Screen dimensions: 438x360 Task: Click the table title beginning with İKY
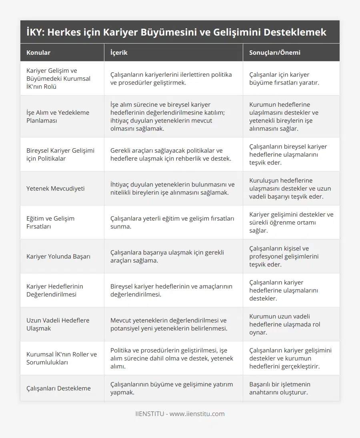(176, 32)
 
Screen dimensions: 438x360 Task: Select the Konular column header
(38, 52)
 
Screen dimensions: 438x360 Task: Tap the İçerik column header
(119, 52)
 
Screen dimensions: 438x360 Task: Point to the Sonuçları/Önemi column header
(274, 52)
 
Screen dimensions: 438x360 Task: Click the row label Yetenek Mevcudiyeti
(56, 188)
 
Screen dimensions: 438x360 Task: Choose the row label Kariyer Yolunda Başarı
(58, 256)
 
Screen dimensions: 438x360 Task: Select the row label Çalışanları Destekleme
(58, 388)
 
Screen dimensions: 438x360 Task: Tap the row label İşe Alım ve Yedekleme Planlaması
(58, 116)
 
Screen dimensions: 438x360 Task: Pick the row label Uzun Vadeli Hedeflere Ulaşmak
(58, 324)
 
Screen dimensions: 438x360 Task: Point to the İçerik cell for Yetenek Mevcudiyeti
(172, 188)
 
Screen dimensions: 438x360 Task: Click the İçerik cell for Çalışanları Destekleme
(172, 388)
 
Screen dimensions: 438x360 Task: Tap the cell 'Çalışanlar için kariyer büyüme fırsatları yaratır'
(284, 78)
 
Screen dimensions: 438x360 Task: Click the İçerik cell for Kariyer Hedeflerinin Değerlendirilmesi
(171, 290)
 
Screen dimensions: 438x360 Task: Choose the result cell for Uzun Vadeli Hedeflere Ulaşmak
(284, 324)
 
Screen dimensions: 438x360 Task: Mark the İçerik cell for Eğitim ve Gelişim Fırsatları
(172, 222)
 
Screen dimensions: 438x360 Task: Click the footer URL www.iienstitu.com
(197, 414)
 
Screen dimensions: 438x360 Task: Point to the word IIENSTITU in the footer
(150, 414)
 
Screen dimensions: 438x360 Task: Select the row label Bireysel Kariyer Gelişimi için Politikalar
(60, 154)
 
